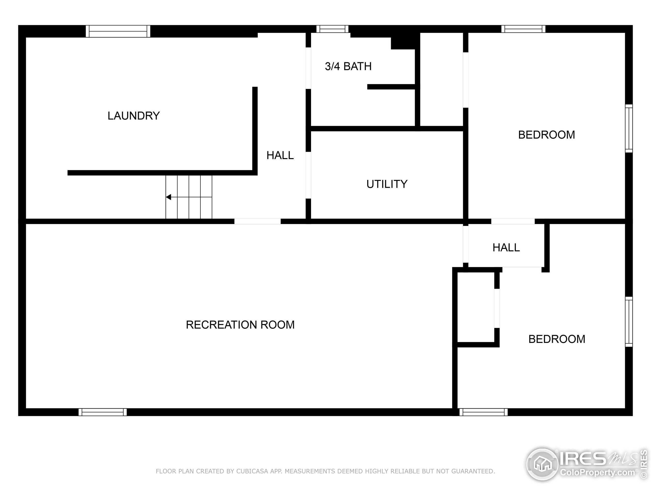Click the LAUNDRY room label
[134, 116]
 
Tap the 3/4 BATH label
[348, 67]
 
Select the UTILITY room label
[387, 184]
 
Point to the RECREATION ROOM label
[240, 325]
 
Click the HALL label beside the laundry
[280, 155]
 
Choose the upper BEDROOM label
[546, 135]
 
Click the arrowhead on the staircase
[168, 197]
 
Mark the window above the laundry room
[118, 31]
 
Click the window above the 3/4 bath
[333, 29]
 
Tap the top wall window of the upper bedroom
[523, 29]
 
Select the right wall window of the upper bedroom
[629, 129]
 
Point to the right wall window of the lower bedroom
[629, 322]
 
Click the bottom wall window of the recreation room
[103, 412]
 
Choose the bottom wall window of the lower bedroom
[483, 412]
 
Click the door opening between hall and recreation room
[258, 221]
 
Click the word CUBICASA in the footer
[252, 471]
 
